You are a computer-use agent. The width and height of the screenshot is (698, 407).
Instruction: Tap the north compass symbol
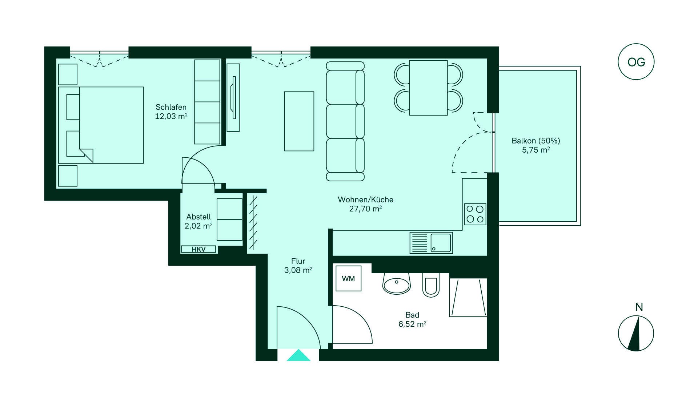[x=636, y=333]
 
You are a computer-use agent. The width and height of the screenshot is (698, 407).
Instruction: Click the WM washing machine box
[x=348, y=278]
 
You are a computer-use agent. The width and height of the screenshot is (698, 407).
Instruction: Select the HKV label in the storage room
[x=198, y=249]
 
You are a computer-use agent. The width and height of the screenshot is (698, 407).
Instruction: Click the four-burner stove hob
[x=475, y=214]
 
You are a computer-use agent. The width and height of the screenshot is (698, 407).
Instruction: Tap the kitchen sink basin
[x=441, y=243]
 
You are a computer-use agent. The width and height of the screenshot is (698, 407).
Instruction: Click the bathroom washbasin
[x=396, y=283]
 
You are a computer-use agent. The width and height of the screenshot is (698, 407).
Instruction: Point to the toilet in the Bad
[x=431, y=285]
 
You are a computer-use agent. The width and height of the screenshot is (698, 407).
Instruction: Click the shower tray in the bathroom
[x=468, y=298]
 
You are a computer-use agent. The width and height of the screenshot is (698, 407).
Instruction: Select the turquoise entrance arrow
[x=298, y=355]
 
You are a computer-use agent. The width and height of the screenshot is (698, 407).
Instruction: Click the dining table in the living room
[x=428, y=88]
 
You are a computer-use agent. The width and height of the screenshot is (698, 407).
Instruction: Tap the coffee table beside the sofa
[x=299, y=121]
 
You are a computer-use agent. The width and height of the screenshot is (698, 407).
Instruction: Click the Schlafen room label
[x=171, y=107]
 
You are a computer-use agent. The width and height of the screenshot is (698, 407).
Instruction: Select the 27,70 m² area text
[x=365, y=209]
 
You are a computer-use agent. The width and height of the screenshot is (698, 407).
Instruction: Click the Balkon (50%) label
[x=536, y=141]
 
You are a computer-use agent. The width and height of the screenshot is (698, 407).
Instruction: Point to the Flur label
[x=298, y=261]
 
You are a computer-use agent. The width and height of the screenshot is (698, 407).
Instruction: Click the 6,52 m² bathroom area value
[x=412, y=324]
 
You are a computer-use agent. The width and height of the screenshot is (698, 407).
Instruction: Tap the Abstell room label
[x=198, y=217]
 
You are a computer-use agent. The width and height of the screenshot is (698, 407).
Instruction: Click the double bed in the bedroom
[x=101, y=125]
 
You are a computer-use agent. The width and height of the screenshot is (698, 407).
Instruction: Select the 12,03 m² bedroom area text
[x=171, y=116]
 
